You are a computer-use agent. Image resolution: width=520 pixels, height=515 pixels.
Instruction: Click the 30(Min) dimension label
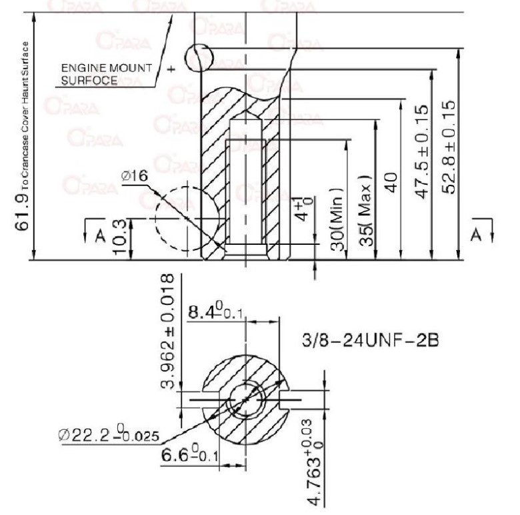pyautogui.click(x=338, y=219)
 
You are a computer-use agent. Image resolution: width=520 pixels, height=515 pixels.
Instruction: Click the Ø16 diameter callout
pyautogui.click(x=134, y=175)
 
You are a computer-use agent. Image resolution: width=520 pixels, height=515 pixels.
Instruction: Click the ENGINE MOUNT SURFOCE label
pyautogui.click(x=106, y=75)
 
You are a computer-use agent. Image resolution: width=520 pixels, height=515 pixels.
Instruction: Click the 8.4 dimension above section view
pyautogui.click(x=212, y=312)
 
